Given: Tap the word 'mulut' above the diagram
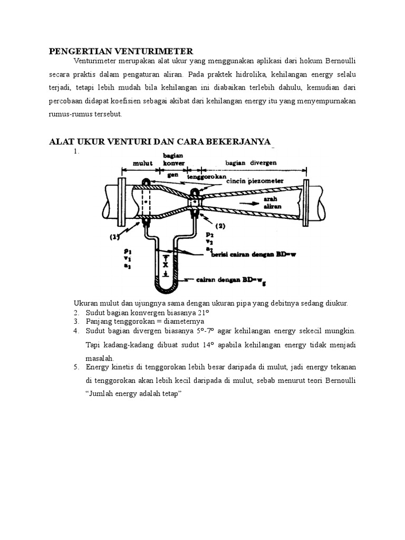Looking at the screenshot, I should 142,163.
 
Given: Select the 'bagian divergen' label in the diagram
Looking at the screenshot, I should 251,163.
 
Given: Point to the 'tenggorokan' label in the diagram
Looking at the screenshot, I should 207,176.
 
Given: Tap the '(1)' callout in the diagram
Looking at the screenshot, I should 115,237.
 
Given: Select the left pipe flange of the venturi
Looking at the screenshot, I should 121,202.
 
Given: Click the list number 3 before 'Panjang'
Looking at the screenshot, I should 76,321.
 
